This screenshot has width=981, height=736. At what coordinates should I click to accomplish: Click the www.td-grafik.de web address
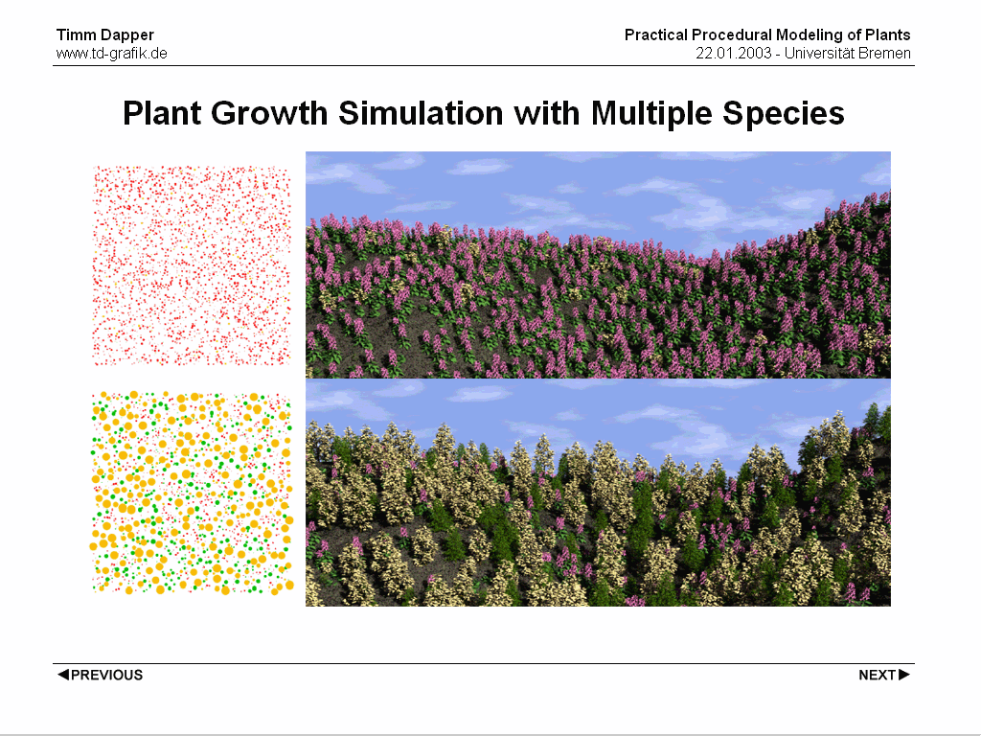(112, 54)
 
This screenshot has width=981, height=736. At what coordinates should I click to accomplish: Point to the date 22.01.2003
(734, 54)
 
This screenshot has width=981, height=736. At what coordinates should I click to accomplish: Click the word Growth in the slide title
(269, 113)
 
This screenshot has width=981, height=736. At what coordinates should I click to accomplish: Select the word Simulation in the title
(422, 113)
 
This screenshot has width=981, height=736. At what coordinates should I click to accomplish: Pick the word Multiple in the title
(651, 115)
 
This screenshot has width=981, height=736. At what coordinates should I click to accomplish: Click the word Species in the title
(784, 115)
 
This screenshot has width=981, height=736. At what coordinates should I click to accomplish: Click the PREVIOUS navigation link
(100, 675)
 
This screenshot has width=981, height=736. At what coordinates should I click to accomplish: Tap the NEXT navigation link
(884, 675)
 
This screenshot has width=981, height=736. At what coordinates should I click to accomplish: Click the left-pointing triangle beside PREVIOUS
(62, 674)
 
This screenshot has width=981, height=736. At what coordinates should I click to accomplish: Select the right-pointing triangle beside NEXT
(904, 674)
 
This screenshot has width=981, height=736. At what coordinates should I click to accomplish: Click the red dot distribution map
(192, 265)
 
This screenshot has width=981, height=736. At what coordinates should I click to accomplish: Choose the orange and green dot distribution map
(192, 494)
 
